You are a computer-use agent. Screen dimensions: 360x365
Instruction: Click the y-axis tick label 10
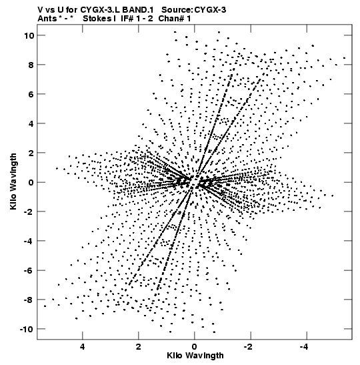29,35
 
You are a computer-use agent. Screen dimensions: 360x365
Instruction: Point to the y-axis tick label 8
31,65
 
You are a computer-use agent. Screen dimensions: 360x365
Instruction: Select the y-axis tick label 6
31,94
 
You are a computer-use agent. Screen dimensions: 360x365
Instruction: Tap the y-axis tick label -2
29,212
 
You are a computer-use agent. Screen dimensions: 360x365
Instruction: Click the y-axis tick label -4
29,241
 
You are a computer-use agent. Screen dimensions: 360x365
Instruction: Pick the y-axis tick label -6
29,270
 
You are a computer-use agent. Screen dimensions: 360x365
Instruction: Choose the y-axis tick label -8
29,300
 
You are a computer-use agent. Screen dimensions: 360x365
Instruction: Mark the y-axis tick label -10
27,329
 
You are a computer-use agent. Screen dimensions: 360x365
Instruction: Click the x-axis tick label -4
305,347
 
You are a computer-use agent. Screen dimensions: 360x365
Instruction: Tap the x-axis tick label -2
249,347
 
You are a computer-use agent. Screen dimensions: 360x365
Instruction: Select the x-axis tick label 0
195,347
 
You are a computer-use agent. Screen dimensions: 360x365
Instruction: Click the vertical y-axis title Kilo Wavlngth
13,181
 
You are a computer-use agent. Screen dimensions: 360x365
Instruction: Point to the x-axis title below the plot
195,356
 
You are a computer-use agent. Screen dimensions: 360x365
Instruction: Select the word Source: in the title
177,10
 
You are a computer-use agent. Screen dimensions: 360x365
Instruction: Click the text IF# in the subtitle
127,19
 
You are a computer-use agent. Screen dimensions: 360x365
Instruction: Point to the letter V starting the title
41,10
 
